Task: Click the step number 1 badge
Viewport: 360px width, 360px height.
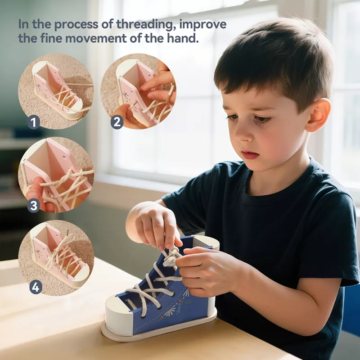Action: pos(33,122)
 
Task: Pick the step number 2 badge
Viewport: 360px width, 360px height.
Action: pos(117,122)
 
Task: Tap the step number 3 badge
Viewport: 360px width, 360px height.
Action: pos(33,206)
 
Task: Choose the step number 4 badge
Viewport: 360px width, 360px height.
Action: pos(36,287)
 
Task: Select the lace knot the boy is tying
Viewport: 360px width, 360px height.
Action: pos(171,257)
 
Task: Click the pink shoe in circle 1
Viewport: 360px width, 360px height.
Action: pos(57,90)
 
